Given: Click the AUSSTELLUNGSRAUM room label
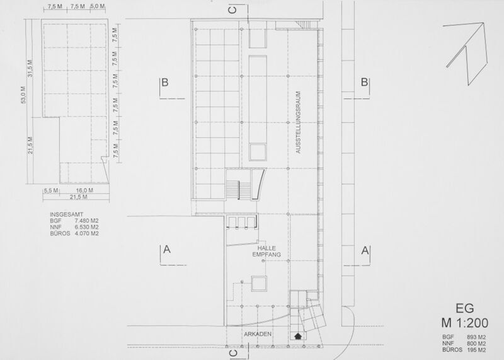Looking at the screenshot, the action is coord(299,122).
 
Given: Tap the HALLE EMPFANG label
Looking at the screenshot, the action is coord(266,252).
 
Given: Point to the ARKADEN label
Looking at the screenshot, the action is coord(258,334).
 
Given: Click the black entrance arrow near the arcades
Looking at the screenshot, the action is coord(298,336).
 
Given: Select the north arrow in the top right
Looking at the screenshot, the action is coord(467,53).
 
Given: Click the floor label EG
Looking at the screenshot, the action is coord(465,308).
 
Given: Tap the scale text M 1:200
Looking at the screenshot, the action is coord(465,323).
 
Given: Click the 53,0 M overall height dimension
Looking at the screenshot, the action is coord(23,95).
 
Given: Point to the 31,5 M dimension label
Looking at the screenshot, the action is coord(30,69).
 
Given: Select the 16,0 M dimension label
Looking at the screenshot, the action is coord(84,190).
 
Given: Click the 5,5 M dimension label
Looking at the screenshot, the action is coord(51,190).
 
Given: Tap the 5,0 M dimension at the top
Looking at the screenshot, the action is coord(98,6).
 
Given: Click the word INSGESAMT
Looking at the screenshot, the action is coord(67,214).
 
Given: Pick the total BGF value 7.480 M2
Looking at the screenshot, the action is coord(86,221).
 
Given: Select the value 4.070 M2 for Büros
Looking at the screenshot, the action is coord(86,233).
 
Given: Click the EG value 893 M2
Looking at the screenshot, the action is coord(476,337).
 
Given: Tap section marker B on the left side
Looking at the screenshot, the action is coord(164,83).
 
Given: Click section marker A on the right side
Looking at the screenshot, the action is coord(365,250).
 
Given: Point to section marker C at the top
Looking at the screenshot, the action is coord(232,10).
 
